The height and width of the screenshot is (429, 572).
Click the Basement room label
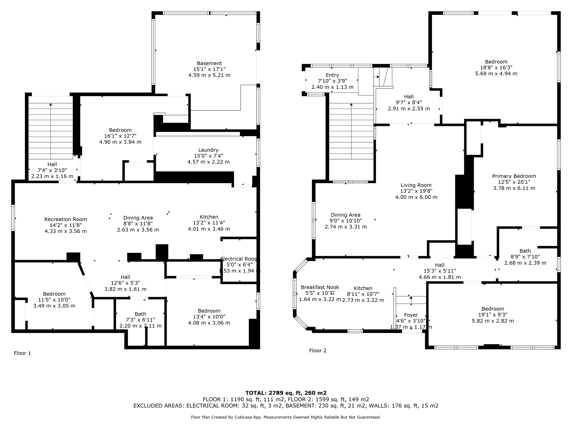[209, 63]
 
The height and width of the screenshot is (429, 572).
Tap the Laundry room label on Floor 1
[208, 150]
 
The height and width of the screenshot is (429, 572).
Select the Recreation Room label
[66, 219]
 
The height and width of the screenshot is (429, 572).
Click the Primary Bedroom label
[514, 176]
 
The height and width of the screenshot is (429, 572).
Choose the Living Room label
[416, 185]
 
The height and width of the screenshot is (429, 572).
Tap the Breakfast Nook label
[320, 287]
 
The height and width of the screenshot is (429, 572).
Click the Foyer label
[411, 315]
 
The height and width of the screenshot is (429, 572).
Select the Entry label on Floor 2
[332, 75]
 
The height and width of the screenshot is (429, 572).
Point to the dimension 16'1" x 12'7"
[120, 136]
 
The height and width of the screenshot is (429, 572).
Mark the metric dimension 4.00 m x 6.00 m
[416, 197]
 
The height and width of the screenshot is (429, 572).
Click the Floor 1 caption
[22, 353]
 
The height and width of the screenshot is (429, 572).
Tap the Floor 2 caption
[318, 351]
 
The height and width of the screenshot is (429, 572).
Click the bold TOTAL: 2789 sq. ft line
[286, 393]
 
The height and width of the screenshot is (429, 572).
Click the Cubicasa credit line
[286, 417]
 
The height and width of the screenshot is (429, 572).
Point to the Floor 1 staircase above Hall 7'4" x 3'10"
[51, 127]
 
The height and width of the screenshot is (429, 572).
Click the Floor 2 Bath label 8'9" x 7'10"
[525, 251]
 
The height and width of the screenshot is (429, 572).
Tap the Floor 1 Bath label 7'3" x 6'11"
[140, 314]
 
